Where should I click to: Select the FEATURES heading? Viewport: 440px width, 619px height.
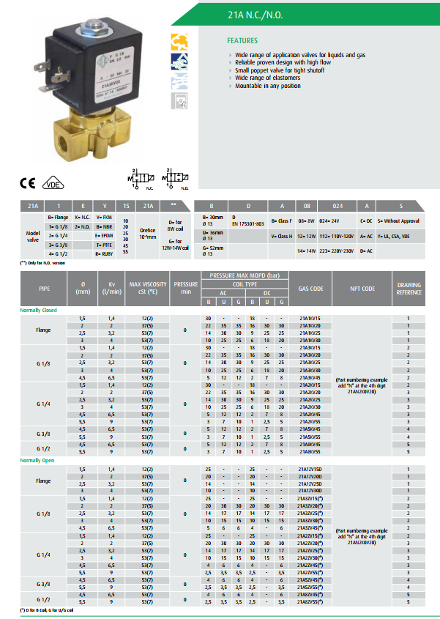[242, 41]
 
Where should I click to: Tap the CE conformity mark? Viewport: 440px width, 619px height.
[26, 185]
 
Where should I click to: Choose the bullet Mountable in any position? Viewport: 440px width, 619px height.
[268, 86]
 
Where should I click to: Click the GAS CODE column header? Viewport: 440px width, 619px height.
[311, 289]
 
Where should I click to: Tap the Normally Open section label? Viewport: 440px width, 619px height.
[37, 460]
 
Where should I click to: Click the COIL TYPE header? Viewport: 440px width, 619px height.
[245, 285]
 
